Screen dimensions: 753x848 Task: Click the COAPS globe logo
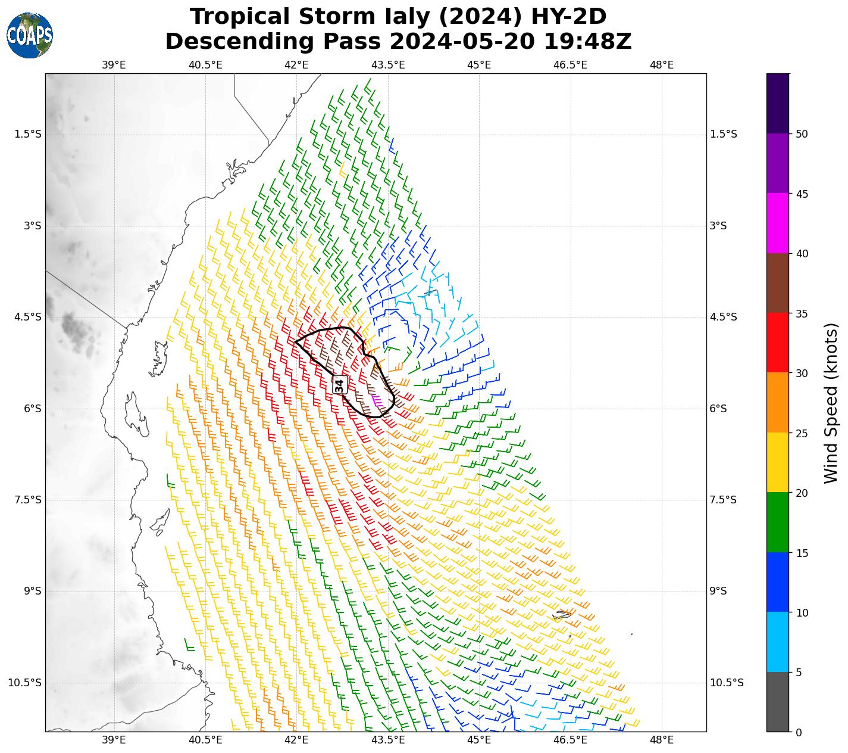tap(30, 35)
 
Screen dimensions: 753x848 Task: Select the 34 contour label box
tap(339, 385)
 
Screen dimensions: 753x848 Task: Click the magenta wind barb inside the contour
tap(376, 400)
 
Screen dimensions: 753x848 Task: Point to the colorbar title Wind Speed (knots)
tap(831, 403)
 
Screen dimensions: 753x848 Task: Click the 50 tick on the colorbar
tap(802, 134)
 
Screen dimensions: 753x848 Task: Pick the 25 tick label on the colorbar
tap(802, 433)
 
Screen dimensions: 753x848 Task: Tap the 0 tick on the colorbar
tap(799, 732)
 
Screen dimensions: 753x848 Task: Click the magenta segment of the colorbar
tap(777, 223)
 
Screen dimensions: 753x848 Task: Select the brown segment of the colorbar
tap(777, 283)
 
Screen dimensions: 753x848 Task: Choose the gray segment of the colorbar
tap(777, 702)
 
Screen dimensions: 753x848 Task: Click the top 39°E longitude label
tap(114, 65)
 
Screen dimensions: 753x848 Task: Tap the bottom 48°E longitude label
tap(662, 740)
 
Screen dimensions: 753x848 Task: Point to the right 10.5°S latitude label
tap(727, 683)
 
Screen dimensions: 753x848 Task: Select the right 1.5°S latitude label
tap(724, 134)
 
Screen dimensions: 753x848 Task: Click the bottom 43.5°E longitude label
tap(388, 740)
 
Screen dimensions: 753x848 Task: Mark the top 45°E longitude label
tap(479, 65)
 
